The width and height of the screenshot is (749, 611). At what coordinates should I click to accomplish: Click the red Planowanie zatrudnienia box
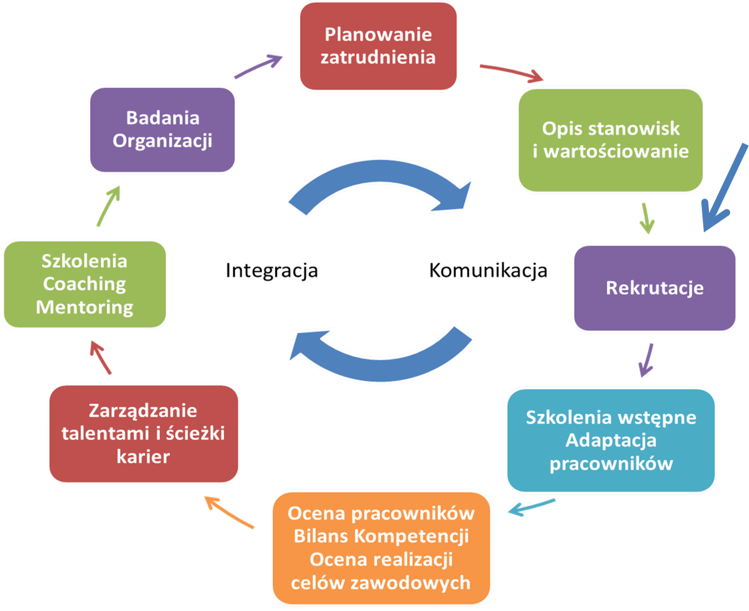click(378, 46)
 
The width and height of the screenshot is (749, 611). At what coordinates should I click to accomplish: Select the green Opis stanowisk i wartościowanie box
click(611, 140)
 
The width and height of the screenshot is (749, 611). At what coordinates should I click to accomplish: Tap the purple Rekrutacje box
click(655, 287)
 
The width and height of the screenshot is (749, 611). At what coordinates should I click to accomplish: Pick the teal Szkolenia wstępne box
click(611, 440)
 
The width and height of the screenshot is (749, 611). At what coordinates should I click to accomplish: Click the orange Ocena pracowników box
click(381, 548)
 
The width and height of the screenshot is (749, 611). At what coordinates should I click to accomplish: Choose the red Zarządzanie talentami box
click(144, 434)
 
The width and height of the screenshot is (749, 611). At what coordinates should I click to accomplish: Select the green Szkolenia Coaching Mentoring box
click(85, 284)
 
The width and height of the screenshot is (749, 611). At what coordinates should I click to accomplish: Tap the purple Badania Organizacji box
click(162, 129)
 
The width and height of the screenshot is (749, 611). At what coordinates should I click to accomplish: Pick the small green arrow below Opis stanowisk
click(646, 218)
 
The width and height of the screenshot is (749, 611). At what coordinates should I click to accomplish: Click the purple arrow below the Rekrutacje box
click(646, 360)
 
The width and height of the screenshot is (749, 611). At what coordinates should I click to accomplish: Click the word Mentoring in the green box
click(85, 307)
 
